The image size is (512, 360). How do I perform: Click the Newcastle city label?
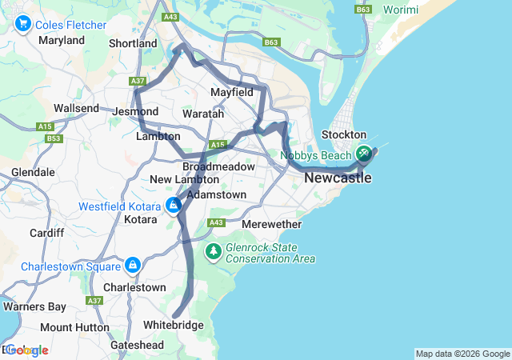[x=338, y=178]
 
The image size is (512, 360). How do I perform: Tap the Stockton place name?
[x=343, y=134]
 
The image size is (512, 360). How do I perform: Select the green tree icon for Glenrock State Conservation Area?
[x=213, y=253]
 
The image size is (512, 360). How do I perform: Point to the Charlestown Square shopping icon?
[x=132, y=265]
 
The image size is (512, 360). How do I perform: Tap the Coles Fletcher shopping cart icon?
[x=22, y=25]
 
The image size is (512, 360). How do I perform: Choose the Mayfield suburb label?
[x=231, y=93]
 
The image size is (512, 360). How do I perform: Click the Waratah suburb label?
[x=203, y=114]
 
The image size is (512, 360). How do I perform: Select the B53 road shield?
[x=54, y=138]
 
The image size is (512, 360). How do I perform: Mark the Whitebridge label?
[x=173, y=326]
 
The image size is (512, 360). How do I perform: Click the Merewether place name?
[x=271, y=224]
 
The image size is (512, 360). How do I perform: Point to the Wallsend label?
[x=76, y=108]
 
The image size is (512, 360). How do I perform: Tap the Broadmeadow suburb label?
[x=218, y=166]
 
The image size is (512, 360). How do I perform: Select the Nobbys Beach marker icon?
[x=364, y=153]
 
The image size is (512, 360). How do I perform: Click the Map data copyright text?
[x=462, y=354]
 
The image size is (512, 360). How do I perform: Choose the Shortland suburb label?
[x=133, y=43]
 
